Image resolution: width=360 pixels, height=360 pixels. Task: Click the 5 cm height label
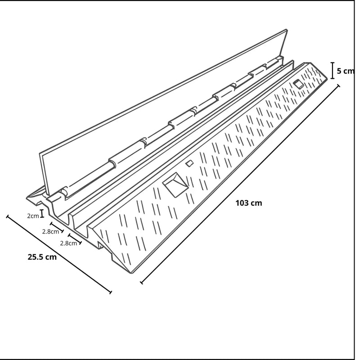tap(345, 71)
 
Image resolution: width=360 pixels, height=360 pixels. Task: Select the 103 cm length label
tap(248, 203)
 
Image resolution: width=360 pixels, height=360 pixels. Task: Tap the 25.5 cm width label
tap(42, 257)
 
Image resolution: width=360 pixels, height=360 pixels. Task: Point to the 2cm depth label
tap(33, 216)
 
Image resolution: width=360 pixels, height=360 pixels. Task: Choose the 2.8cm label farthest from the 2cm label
tap(68, 243)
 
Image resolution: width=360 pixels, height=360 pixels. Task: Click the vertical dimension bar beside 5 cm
tap(333, 71)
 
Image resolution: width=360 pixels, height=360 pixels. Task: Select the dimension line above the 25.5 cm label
tap(58, 254)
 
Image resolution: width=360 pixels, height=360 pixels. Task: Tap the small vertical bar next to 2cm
tap(42, 214)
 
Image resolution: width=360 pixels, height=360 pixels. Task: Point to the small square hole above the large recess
tap(190, 162)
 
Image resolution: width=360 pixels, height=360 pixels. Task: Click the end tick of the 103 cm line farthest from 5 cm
tap(142, 283)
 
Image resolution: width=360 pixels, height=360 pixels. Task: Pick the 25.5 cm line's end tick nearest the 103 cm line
tap(110, 292)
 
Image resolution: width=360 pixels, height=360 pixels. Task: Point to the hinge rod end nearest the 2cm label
tap(64, 192)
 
